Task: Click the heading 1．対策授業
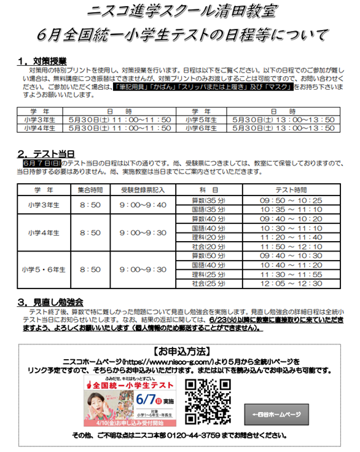point(42,61)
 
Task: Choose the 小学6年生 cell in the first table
point(197,129)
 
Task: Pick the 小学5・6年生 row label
point(44,269)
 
